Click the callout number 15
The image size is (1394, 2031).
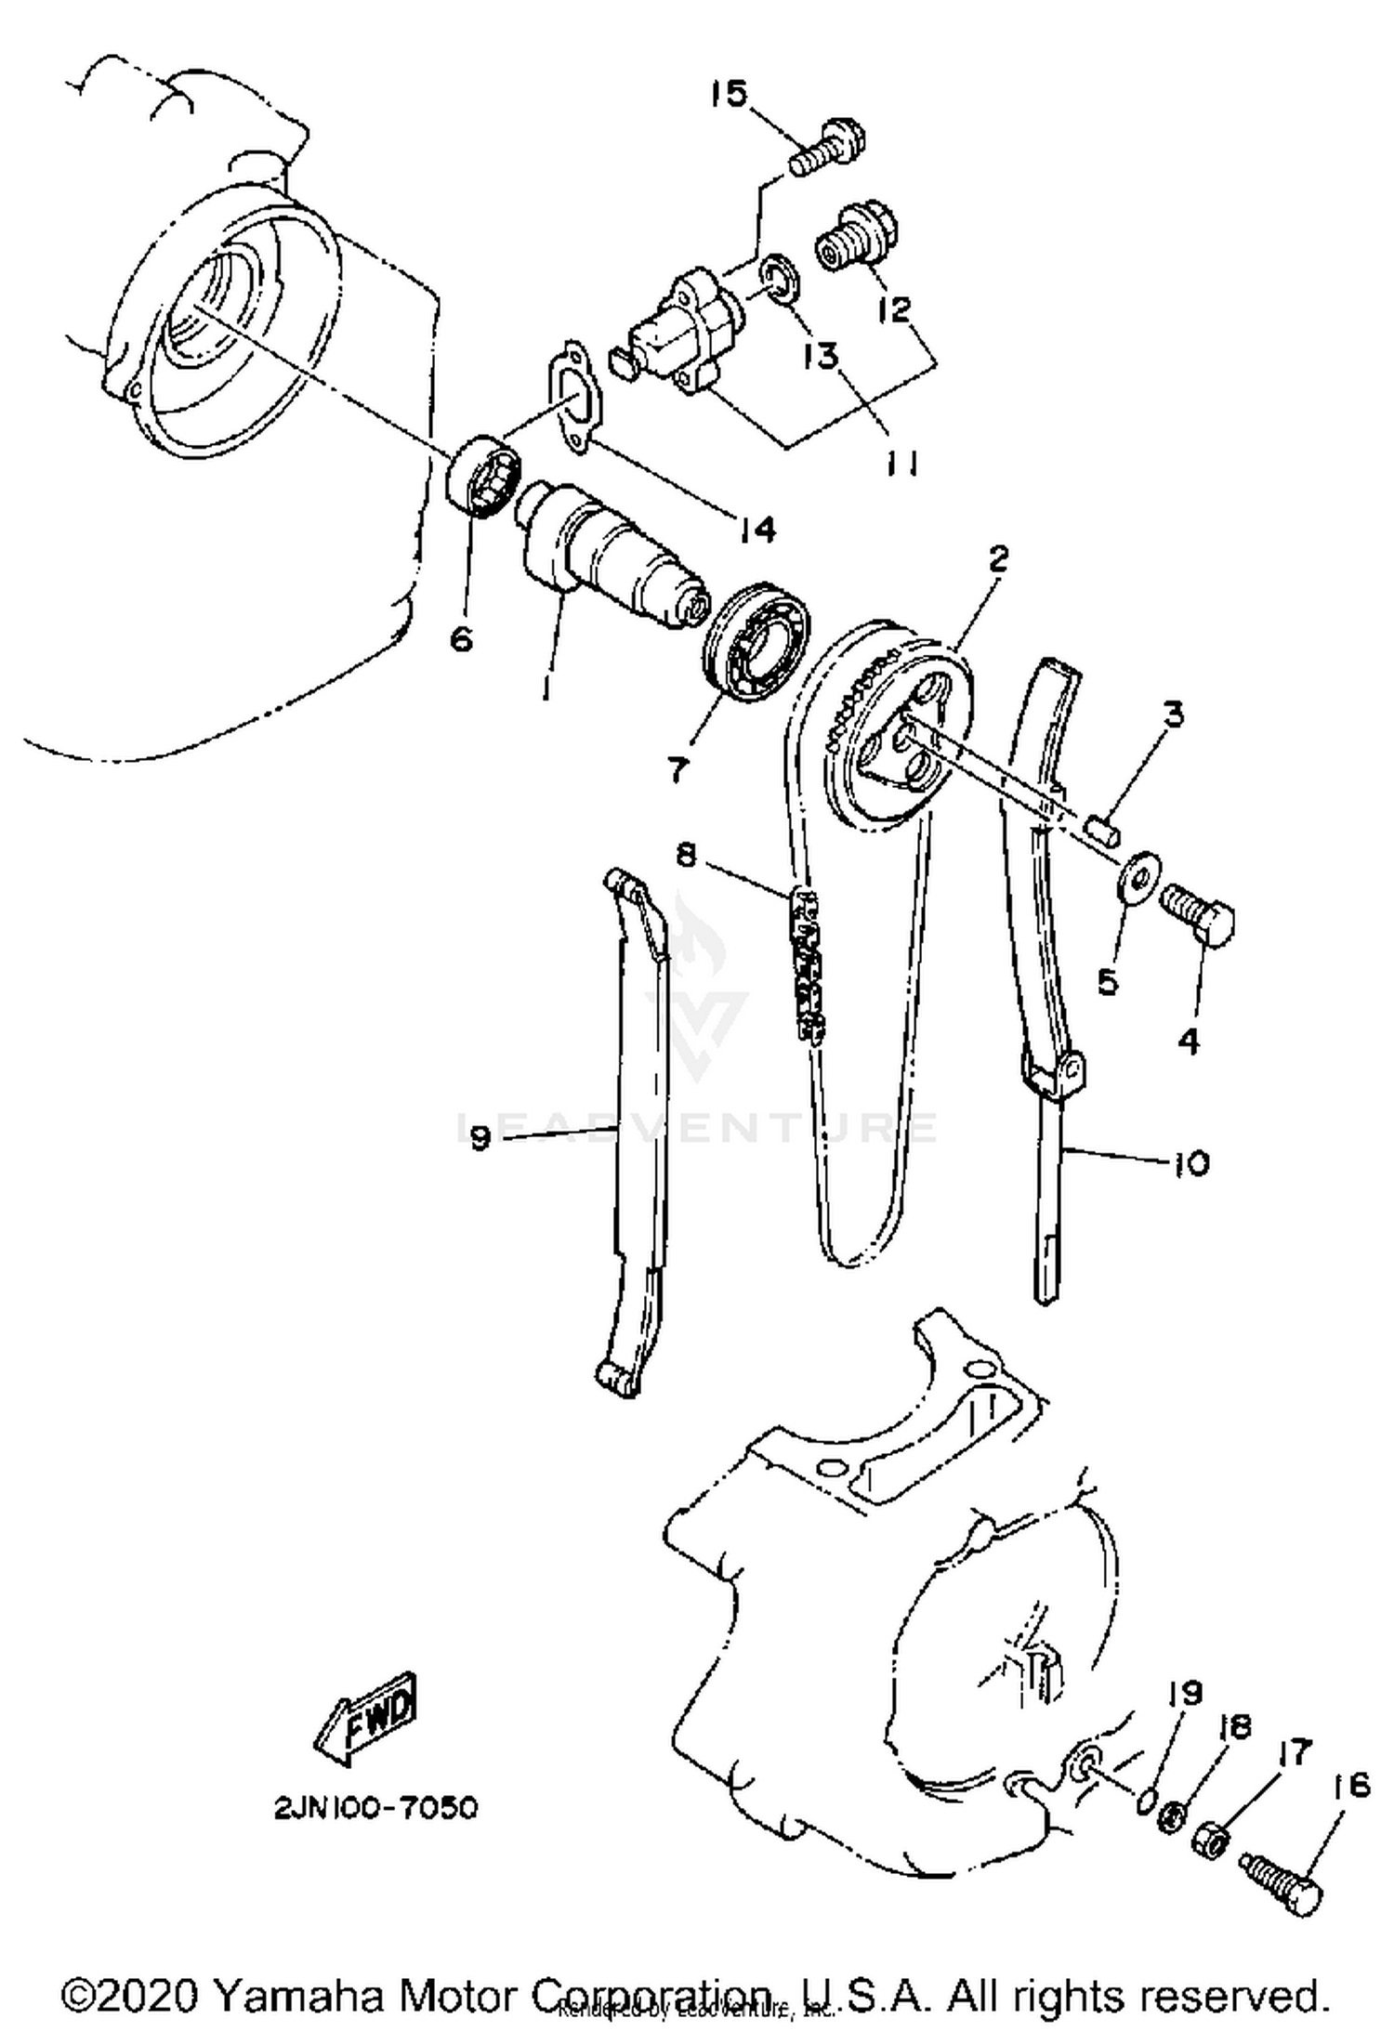[729, 94]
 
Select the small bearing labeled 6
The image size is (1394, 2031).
[483, 473]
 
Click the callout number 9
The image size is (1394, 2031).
[480, 1137]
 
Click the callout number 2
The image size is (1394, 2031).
[998, 559]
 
